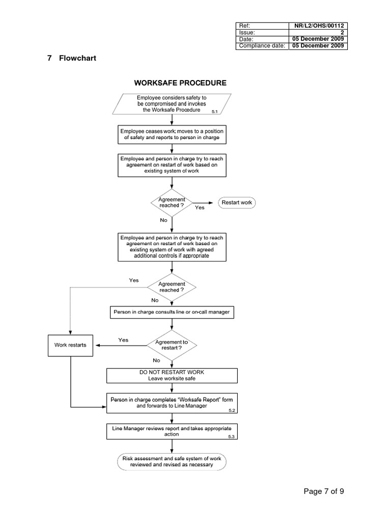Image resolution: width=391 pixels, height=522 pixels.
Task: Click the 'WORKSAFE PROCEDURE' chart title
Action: tap(180, 83)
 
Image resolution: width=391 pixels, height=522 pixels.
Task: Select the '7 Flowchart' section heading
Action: tap(71, 58)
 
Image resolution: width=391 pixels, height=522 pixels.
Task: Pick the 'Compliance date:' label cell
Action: tap(262, 45)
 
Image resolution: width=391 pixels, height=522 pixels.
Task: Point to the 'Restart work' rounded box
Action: tap(237, 202)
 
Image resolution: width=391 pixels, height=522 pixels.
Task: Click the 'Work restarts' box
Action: tap(71, 345)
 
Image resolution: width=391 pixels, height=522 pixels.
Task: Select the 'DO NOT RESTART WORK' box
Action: tap(172, 375)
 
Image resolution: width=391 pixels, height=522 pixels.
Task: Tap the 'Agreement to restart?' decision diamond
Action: tap(172, 345)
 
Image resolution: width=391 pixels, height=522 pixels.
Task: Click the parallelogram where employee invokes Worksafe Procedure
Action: tap(172, 103)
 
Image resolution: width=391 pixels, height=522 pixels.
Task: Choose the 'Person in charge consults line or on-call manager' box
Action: tap(172, 312)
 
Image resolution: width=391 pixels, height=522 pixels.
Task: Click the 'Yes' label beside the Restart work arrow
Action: tap(200, 208)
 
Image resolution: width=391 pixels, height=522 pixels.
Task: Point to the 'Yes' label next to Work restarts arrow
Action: tap(123, 340)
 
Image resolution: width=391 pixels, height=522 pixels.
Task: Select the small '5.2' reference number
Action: tap(232, 410)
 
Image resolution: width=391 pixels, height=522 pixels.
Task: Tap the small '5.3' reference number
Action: tap(232, 437)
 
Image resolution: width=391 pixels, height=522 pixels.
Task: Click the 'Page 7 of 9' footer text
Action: tap(327, 491)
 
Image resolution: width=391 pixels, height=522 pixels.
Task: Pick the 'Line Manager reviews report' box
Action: tap(172, 431)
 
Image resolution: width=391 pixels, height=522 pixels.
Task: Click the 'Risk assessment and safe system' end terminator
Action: tap(172, 461)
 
